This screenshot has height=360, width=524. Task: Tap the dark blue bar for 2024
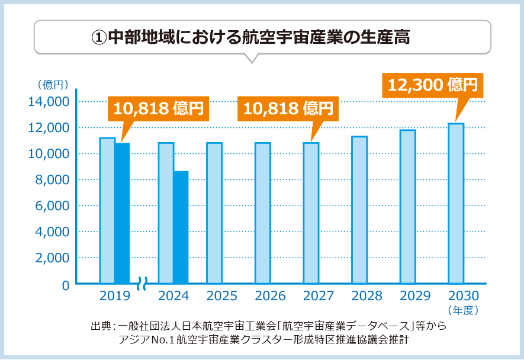point(181,227)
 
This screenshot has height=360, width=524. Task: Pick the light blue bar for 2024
point(166,213)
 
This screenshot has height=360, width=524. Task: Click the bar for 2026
point(262,213)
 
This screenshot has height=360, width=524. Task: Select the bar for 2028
point(359,210)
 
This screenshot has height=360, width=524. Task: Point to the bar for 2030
point(455,204)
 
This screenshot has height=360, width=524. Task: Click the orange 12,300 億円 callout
point(433,85)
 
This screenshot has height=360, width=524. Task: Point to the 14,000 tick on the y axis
point(49,102)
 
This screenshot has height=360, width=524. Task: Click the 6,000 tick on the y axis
point(52,206)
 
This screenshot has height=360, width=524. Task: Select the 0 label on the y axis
point(65,285)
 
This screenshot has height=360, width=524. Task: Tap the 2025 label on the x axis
point(222,296)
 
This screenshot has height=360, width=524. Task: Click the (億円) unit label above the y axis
point(53,85)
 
